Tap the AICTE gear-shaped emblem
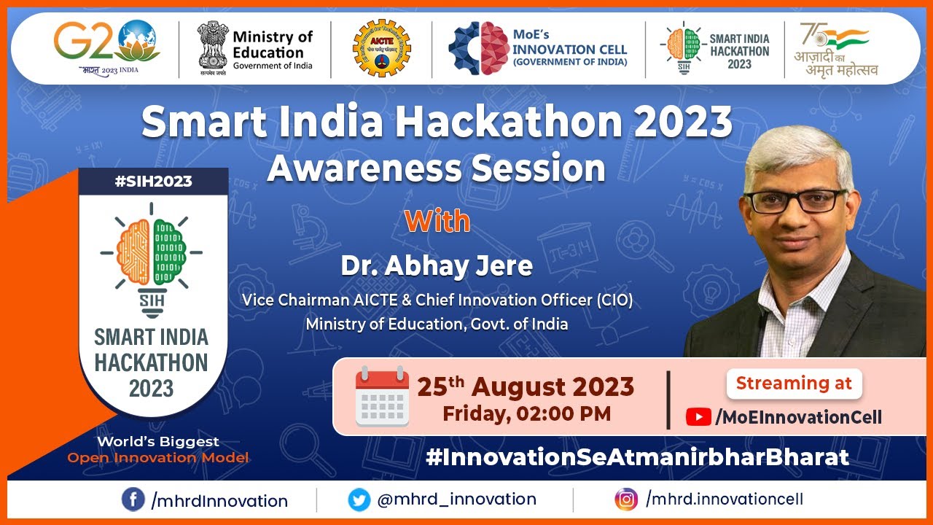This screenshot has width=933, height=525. tap(381, 48)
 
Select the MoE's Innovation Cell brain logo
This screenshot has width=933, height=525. tap(478, 49)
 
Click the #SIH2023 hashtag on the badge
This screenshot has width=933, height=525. tap(153, 181)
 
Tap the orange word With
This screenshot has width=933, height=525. tap(437, 221)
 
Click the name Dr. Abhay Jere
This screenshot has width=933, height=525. tap(437, 266)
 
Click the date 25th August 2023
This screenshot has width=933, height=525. tap(526, 386)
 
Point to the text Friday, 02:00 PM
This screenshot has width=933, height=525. tap(526, 414)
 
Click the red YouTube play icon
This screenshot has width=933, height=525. tap(698, 417)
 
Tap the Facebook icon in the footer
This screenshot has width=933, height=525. tap(133, 500)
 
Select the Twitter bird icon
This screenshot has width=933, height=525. tap(359, 500)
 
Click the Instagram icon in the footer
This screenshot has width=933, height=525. tap(625, 499)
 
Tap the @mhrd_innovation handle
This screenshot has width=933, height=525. tap(456, 499)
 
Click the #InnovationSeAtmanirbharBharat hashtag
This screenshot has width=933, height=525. tap(637, 457)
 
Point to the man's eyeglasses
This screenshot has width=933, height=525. tap(795, 200)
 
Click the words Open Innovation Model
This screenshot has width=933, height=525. tap(158, 458)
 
